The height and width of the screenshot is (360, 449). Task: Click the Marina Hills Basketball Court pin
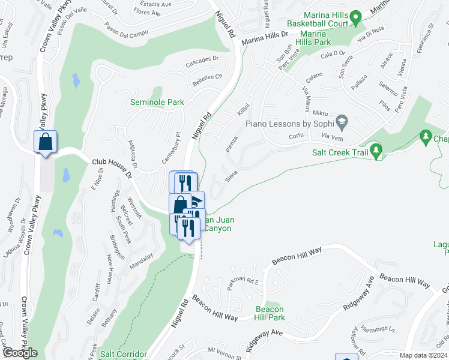tap(355, 19)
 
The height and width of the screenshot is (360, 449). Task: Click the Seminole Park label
tap(157, 102)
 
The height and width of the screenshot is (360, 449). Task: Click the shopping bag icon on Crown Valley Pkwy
tap(46, 142)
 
